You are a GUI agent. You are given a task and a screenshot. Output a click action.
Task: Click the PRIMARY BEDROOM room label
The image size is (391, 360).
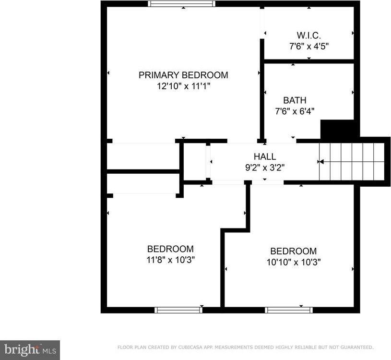coord(183,75)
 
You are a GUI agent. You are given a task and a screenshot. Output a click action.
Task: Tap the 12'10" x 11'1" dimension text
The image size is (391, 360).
coord(183,86)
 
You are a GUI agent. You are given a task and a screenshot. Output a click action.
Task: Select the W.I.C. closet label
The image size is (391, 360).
coord(308,35)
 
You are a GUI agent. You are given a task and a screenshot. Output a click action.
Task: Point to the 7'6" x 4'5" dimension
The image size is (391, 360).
coord(308,47)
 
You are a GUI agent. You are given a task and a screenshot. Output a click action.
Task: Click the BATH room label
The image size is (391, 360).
coord(295,100)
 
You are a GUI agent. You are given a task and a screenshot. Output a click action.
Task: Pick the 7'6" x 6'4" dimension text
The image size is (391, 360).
coord(295,112)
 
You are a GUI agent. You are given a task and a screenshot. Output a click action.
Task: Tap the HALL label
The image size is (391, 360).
coord(265,156)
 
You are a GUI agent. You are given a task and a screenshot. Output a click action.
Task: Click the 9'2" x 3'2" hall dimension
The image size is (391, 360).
coord(265,168)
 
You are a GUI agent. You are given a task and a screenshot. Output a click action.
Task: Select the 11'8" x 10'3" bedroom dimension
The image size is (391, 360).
coord(170,260)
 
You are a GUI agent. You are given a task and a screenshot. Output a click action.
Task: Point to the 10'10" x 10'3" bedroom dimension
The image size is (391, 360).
coord(293,262)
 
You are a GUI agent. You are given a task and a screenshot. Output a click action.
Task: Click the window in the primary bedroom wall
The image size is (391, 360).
coord(181,4)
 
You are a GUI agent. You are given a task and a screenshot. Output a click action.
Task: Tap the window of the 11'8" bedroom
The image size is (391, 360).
coord(178,310)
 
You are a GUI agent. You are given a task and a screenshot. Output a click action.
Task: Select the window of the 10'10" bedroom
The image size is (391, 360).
coord(289,310)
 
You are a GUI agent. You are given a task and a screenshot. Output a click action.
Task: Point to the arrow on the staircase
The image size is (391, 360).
coord(322,162)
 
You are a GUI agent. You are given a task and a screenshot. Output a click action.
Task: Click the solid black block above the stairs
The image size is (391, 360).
coord(339,129)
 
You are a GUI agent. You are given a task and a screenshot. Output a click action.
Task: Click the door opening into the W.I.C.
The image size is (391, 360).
coord(262,23)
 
